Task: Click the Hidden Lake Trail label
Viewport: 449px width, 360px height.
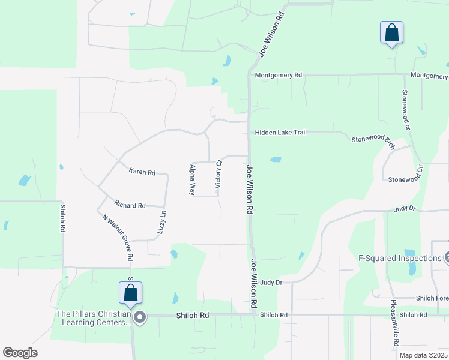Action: (280, 132)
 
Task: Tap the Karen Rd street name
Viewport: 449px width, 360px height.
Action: (142, 172)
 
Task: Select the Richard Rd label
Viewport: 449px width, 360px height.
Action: (130, 206)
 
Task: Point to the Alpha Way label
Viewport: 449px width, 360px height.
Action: (193, 180)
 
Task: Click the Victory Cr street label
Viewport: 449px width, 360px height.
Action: (218, 175)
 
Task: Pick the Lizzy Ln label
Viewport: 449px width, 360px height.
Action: (162, 222)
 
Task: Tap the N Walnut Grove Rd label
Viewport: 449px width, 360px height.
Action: (116, 237)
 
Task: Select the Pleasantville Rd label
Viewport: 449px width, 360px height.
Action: (395, 323)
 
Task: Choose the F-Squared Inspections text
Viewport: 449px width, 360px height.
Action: (399, 259)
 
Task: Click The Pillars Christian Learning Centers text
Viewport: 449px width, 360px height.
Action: (93, 317)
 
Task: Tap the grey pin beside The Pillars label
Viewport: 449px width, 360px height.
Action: (140, 317)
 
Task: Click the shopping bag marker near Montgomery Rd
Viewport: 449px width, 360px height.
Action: (391, 32)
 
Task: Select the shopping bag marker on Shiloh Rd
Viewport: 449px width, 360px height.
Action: (130, 293)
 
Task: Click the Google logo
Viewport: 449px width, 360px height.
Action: (20, 353)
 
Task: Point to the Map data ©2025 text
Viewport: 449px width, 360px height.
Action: (423, 355)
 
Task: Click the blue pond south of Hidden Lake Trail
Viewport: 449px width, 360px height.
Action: (276, 160)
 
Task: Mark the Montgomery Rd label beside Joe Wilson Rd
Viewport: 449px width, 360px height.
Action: (278, 76)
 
